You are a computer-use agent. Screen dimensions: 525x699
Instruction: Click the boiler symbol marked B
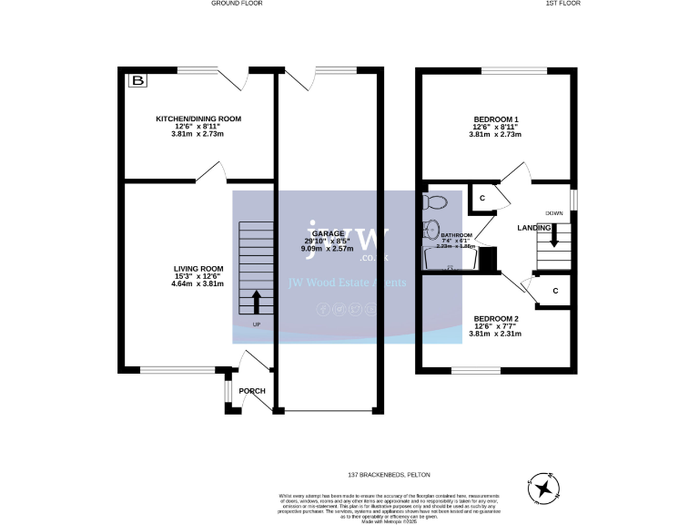[x=137, y=82]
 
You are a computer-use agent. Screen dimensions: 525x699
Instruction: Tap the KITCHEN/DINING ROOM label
[x=198, y=118]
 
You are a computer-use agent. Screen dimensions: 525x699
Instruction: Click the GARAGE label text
[x=329, y=232]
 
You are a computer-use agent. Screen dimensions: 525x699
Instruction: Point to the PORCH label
[x=252, y=391]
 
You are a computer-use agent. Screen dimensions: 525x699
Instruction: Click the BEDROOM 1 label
[x=496, y=118]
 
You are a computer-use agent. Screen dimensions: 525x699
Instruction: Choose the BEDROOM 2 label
[x=496, y=318]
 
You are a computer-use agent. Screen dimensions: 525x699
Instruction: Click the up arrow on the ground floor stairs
[x=256, y=299]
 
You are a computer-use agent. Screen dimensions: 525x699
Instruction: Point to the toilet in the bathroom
[x=435, y=201]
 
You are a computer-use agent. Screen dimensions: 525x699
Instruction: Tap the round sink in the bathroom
[x=431, y=229]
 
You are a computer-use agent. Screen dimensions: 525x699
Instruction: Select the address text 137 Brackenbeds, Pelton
[x=389, y=475]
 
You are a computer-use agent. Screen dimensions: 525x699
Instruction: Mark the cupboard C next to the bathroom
[x=482, y=198]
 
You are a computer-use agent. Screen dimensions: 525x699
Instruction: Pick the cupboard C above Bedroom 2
[x=554, y=292]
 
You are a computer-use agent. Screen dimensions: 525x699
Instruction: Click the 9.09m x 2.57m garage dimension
[x=329, y=247]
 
